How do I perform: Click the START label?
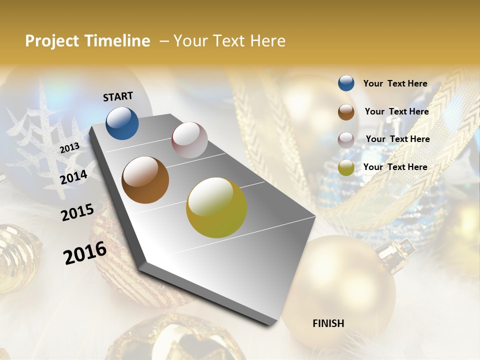(118, 96)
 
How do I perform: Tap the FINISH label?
(328, 323)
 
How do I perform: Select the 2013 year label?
(69, 147)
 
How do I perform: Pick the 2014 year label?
(73, 176)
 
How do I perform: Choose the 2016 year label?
(85, 252)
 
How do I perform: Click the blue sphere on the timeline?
(122, 123)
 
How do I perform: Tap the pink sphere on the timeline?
(189, 140)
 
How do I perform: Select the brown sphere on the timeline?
(145, 180)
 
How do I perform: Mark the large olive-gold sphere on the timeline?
(216, 207)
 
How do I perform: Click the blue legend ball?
(346, 83)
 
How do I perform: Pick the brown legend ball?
(346, 111)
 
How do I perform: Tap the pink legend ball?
(346, 139)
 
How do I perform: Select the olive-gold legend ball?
(346, 167)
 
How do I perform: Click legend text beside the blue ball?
(395, 83)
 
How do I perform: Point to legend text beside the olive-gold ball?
(395, 167)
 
